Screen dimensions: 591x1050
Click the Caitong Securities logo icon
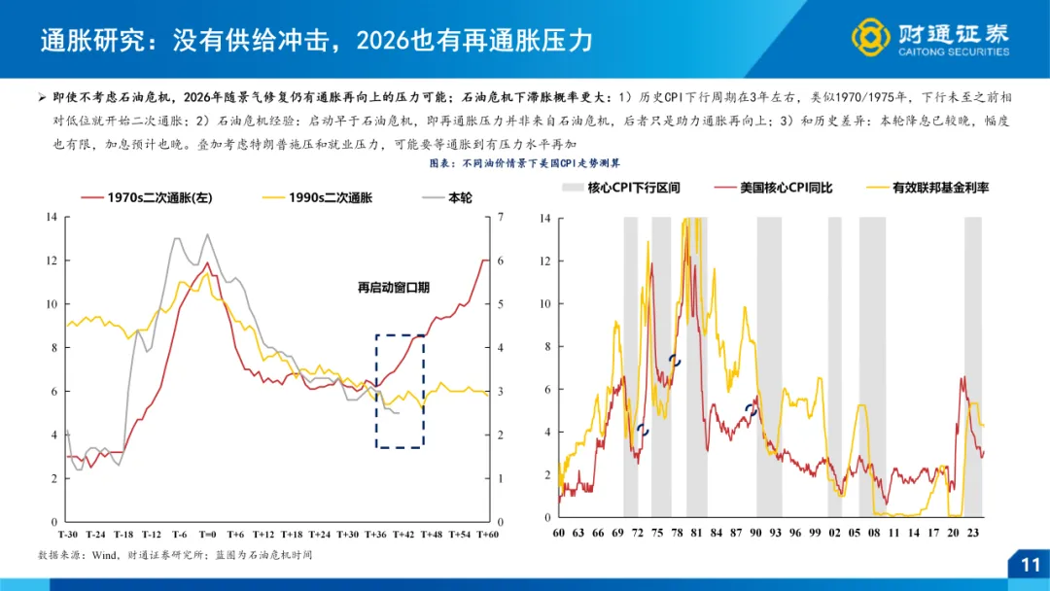pos(871,38)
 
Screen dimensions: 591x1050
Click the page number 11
pos(1030,565)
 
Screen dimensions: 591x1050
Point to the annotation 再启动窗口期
pos(394,289)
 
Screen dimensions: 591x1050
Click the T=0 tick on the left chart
pos(207,535)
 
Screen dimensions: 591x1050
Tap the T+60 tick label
pos(486,535)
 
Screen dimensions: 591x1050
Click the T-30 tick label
pos(67,535)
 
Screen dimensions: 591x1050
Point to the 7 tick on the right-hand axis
pos(500,217)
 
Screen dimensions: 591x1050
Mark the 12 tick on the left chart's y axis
pos(52,261)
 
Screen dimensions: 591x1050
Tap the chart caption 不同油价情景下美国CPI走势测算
pos(524,163)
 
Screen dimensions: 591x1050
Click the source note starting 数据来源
pos(175,554)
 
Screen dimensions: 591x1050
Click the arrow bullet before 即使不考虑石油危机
pos(42,97)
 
